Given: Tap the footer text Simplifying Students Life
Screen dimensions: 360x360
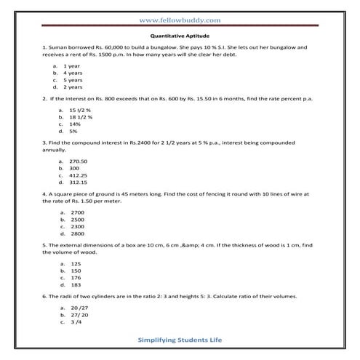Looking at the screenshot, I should pos(180,340).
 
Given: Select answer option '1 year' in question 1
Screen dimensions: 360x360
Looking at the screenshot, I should pos(71,66).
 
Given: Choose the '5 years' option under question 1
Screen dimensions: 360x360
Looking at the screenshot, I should pos(73,80).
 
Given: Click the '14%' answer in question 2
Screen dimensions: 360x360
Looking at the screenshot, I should pos(73,124).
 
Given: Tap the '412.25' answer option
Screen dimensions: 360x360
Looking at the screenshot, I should pos(78,175).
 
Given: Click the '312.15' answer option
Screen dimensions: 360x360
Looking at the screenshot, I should pos(78,183).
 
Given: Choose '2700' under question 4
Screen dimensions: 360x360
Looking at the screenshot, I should pos(78,212).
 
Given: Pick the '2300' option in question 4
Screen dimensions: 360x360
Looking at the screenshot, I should pos(78,227).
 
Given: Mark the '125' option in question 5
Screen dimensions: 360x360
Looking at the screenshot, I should pos(76,263).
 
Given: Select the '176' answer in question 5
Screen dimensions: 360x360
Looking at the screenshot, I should pos(76,278).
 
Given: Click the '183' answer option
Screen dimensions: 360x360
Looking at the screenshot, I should pos(76,285).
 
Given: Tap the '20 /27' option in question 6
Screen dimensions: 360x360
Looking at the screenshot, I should pos(79,308).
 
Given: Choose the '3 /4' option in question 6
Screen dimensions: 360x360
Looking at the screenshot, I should pos(76,322).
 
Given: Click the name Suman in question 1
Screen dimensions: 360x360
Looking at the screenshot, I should pos(60,47).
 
